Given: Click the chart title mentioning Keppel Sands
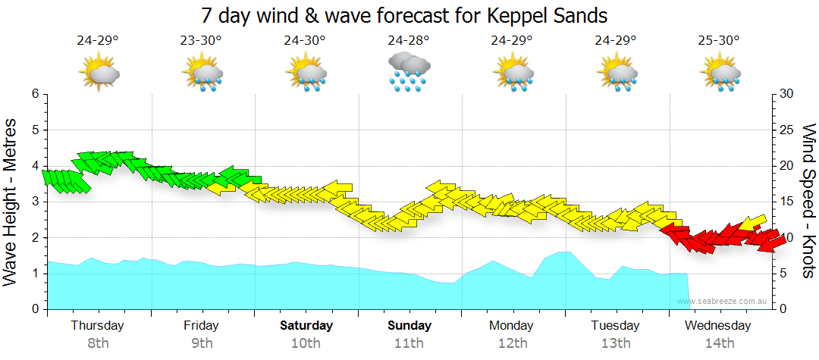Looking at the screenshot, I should click(405, 14).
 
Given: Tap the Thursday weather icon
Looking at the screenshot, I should click(99, 73).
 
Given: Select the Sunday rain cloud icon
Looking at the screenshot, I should click(409, 73).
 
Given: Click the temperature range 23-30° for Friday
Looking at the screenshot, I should click(201, 40).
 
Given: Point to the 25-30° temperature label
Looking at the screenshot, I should click(719, 40).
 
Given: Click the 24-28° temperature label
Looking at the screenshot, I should click(409, 40).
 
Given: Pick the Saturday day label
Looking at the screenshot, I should click(306, 326).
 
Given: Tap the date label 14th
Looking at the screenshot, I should click(719, 343).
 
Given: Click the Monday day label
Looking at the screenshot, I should click(512, 326).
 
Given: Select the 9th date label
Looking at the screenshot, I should click(201, 343).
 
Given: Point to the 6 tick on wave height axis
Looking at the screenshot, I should click(34, 94).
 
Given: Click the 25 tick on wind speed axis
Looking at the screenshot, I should click(786, 130).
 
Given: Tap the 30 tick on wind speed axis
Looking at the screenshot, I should click(786, 94).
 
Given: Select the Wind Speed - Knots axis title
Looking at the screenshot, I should click(808, 201).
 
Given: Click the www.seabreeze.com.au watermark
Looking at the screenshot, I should click(722, 302).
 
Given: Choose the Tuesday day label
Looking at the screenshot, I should click(616, 326).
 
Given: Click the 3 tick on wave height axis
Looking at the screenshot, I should click(34, 202).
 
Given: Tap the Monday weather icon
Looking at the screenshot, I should click(513, 73).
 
